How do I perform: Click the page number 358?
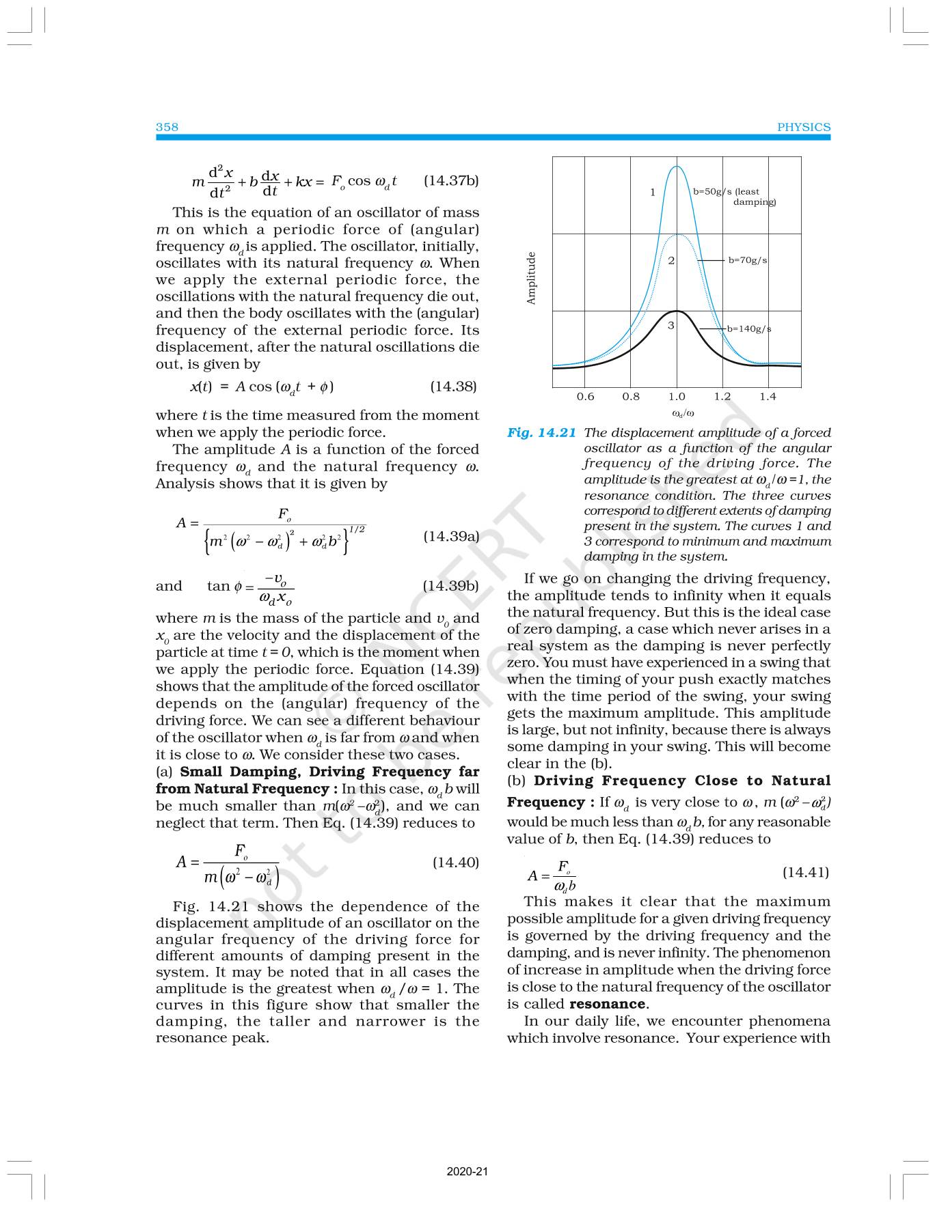pyautogui.click(x=167, y=127)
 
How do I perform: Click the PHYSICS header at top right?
pyautogui.click(x=804, y=127)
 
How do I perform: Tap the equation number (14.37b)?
pyautogui.click(x=451, y=181)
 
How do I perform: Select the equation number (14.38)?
pyautogui.click(x=452, y=387)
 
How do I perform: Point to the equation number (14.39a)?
pyautogui.click(x=451, y=536)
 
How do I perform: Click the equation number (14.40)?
pyautogui.click(x=456, y=863)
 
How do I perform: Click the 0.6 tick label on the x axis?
pyautogui.click(x=585, y=397)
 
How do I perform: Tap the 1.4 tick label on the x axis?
pyautogui.click(x=768, y=397)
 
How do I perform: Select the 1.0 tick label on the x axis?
pyautogui.click(x=677, y=397)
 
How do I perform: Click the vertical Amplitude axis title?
pyautogui.click(x=532, y=279)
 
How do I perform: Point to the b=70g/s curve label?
pyautogui.click(x=747, y=260)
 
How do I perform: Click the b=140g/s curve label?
pyautogui.click(x=748, y=329)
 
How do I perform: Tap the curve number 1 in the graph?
pyautogui.click(x=653, y=193)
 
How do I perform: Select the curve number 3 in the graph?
pyautogui.click(x=671, y=326)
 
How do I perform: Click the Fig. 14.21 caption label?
pyautogui.click(x=542, y=433)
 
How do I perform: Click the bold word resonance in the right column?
pyautogui.click(x=607, y=1004)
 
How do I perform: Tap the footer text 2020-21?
pyautogui.click(x=467, y=1172)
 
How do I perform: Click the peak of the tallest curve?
pyautogui.click(x=677, y=167)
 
